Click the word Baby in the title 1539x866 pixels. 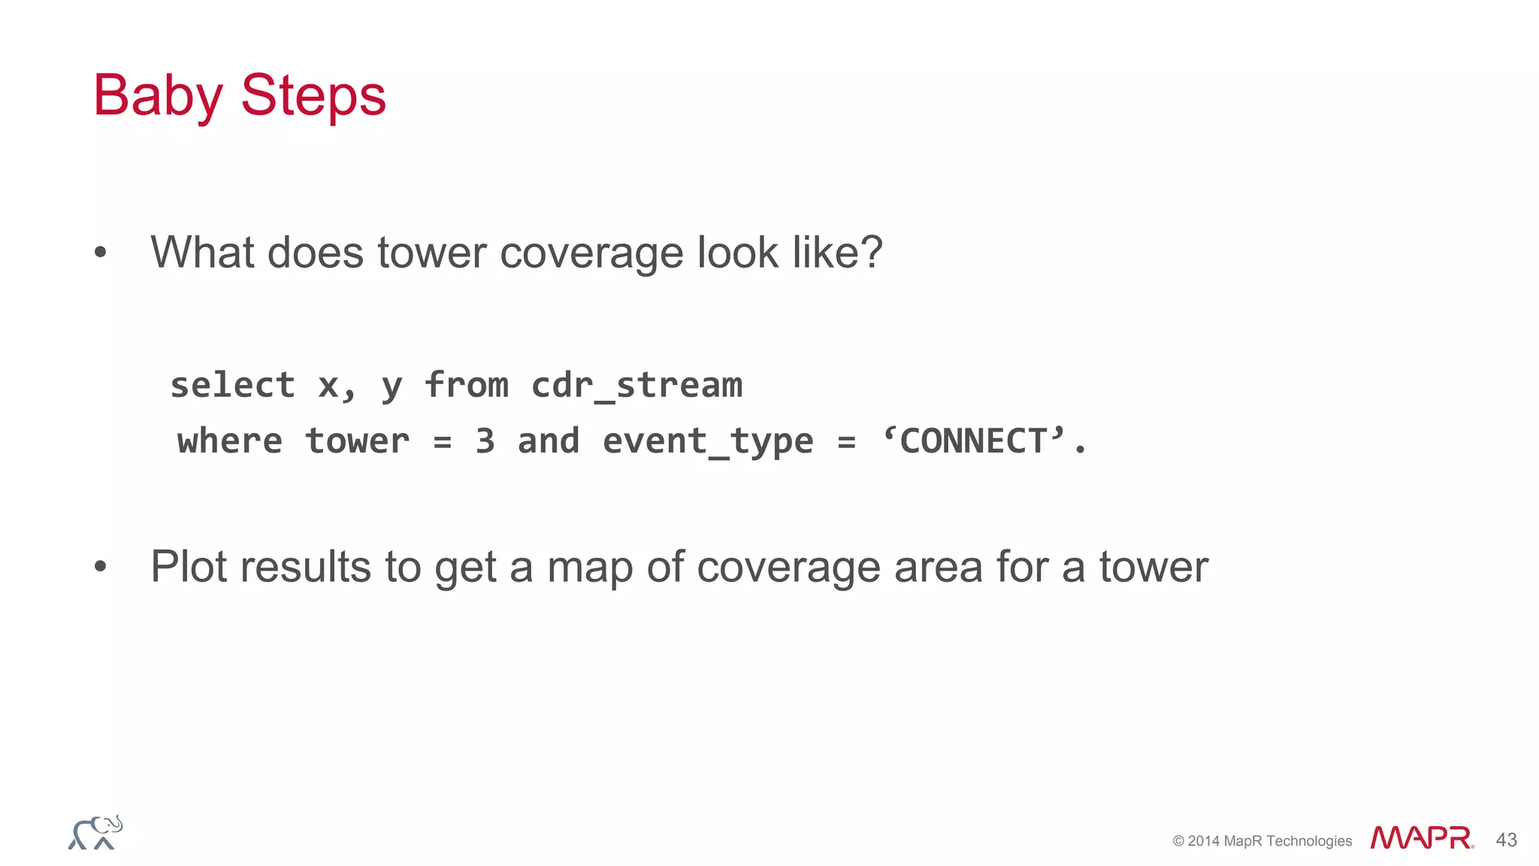click(158, 96)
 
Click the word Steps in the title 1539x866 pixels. click(313, 96)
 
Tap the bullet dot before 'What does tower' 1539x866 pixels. click(101, 253)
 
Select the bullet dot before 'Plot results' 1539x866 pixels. click(101, 567)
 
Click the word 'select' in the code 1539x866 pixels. click(232, 386)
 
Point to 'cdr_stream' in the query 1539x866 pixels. click(636, 386)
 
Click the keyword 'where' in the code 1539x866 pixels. click(230, 441)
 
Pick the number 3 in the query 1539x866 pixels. click(485, 441)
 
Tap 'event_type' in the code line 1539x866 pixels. click(708, 441)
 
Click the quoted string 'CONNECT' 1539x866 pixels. click(975, 441)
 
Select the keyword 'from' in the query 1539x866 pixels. click(467, 386)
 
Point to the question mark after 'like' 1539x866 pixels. click(872, 252)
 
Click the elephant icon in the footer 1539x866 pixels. click(95, 833)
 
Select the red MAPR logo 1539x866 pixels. click(1421, 838)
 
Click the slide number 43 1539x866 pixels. click(1506, 840)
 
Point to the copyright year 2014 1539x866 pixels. click(1204, 841)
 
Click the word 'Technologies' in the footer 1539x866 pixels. click(1309, 841)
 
